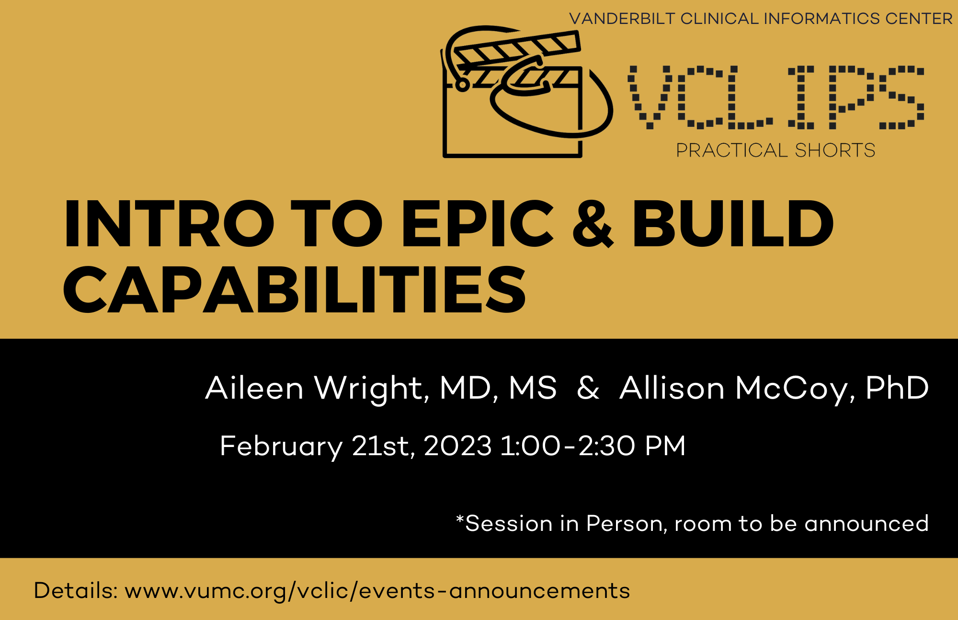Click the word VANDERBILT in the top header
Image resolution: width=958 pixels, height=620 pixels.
(x=622, y=19)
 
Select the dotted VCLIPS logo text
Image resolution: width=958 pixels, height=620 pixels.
(x=776, y=98)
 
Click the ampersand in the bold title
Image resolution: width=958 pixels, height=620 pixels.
(x=593, y=224)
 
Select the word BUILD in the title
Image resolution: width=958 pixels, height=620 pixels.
(x=733, y=224)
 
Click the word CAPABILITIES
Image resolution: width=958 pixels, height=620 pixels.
(x=295, y=290)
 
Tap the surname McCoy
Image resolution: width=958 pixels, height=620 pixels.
(x=792, y=388)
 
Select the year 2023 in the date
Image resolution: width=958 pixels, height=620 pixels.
(x=457, y=446)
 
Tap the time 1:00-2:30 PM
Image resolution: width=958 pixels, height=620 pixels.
(x=593, y=446)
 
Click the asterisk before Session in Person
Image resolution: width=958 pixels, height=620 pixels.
(x=460, y=519)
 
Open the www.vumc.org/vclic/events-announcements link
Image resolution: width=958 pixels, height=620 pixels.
(x=377, y=591)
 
